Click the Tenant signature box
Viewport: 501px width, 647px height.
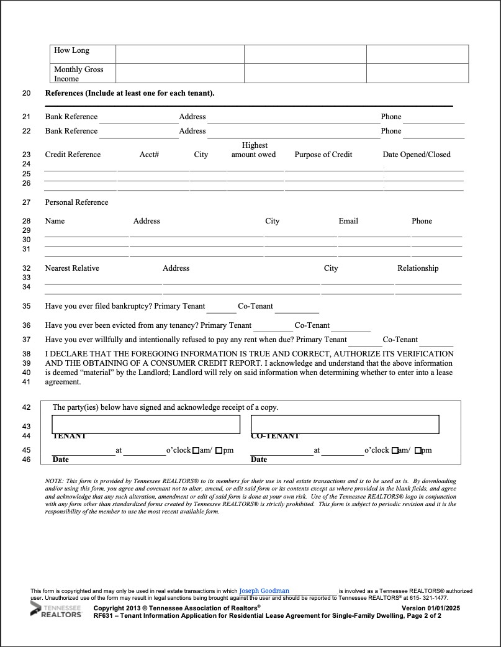click(x=146, y=424)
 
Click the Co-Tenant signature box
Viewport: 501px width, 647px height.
click(x=345, y=424)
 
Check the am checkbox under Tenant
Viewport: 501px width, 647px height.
click(x=196, y=450)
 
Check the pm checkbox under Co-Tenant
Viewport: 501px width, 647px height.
click(x=418, y=450)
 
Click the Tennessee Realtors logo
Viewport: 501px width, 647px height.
click(x=56, y=610)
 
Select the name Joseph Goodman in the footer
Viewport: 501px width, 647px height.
click(x=264, y=590)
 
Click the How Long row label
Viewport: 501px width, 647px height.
click(x=71, y=50)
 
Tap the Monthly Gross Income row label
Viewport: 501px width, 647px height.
click(x=78, y=74)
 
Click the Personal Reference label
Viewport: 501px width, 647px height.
click(x=76, y=202)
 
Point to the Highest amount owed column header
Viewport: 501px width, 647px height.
click(x=254, y=150)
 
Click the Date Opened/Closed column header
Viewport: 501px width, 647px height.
click(x=417, y=155)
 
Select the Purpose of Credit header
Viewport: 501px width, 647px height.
click(x=323, y=155)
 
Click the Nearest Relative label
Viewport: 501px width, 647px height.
click(x=72, y=268)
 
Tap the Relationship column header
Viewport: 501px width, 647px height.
click(x=418, y=268)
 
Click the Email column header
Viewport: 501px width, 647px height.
click(x=348, y=221)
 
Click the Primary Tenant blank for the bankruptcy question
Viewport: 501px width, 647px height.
click(x=222, y=308)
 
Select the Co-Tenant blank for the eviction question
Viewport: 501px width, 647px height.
click(x=350, y=327)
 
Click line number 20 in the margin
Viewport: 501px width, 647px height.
click(x=26, y=94)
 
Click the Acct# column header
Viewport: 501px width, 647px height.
click(x=149, y=155)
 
